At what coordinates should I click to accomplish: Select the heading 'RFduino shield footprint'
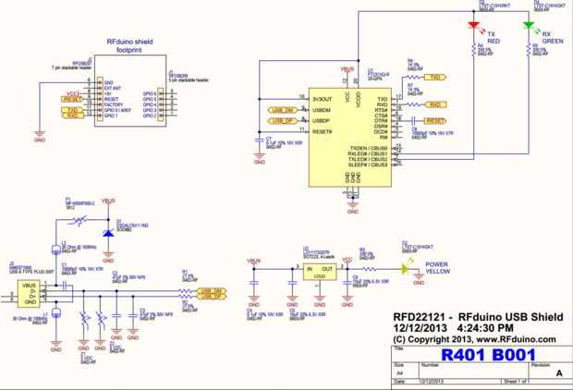click(135, 45)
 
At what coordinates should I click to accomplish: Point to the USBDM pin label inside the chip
click(323, 110)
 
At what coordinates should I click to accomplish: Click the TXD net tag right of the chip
click(436, 77)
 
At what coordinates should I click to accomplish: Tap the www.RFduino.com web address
click(513, 338)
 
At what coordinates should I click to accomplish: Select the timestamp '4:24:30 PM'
click(479, 326)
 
